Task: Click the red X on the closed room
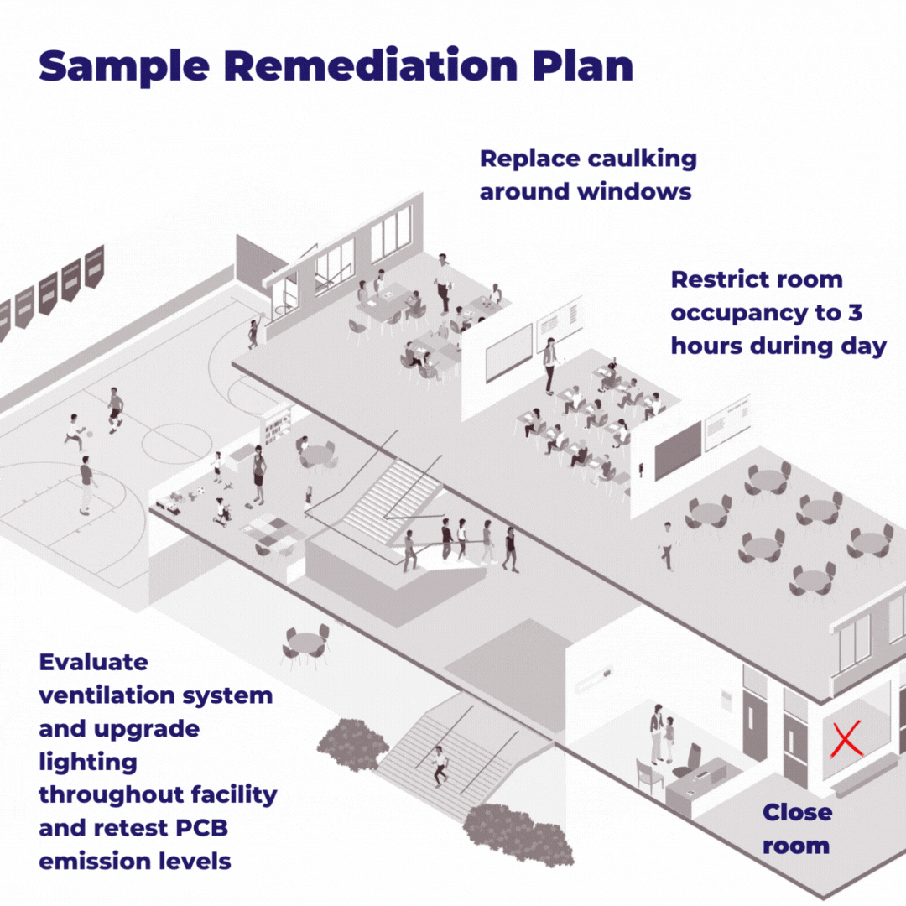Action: tap(846, 739)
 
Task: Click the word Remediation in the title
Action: tap(371, 65)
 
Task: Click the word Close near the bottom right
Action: tap(798, 812)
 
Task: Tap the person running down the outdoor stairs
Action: tap(440, 766)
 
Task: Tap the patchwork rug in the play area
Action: tap(272, 532)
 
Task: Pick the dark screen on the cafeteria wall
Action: tap(678, 450)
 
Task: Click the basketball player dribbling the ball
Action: tap(75, 432)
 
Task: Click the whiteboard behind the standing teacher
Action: tap(509, 352)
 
